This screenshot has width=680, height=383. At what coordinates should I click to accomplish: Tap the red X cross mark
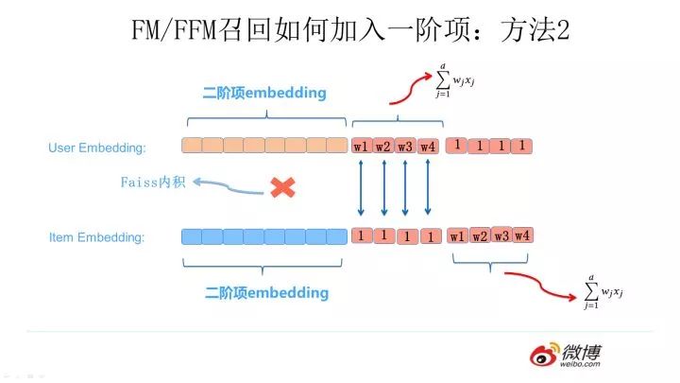[x=280, y=186]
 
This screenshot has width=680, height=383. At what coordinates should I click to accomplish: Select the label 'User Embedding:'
[x=97, y=148]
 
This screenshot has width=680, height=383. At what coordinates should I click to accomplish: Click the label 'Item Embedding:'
[x=97, y=237]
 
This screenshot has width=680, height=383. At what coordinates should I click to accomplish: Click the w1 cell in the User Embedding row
[x=361, y=147]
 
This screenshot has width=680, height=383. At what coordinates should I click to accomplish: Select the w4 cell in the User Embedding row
[x=427, y=147]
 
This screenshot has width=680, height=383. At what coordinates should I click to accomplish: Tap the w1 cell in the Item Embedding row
[x=458, y=235]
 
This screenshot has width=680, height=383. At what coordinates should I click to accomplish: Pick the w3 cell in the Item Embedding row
[x=501, y=235]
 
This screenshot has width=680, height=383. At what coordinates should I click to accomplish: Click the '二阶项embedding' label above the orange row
[x=264, y=93]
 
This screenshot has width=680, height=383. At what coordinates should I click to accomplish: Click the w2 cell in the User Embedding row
[x=382, y=147]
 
